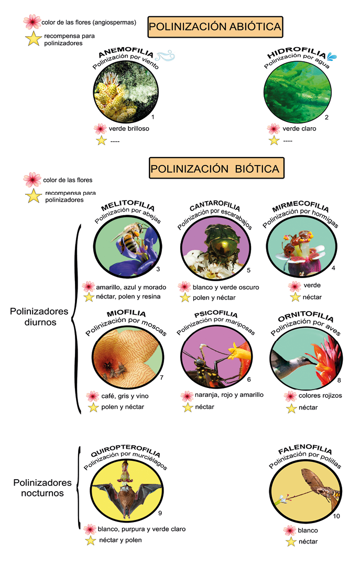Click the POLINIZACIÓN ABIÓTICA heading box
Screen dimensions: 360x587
click(215, 27)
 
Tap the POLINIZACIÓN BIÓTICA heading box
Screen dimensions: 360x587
click(216, 168)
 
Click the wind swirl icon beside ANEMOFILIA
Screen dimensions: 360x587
click(165, 56)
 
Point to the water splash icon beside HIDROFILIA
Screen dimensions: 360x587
click(332, 56)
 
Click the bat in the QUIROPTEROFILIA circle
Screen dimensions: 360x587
click(127, 495)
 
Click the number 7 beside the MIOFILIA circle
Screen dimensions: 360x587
click(161, 378)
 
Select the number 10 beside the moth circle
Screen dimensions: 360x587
click(336, 516)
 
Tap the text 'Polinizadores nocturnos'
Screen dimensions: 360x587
click(42, 488)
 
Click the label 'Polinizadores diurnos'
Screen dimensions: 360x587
click(39, 316)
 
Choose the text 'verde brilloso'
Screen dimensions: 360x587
click(129, 128)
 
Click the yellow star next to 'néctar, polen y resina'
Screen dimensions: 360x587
click(89, 297)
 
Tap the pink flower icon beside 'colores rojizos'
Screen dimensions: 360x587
click(290, 396)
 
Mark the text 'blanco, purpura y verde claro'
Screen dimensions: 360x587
click(141, 529)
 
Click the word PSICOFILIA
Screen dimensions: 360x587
click(216, 314)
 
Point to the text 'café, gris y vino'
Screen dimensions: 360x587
click(125, 396)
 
